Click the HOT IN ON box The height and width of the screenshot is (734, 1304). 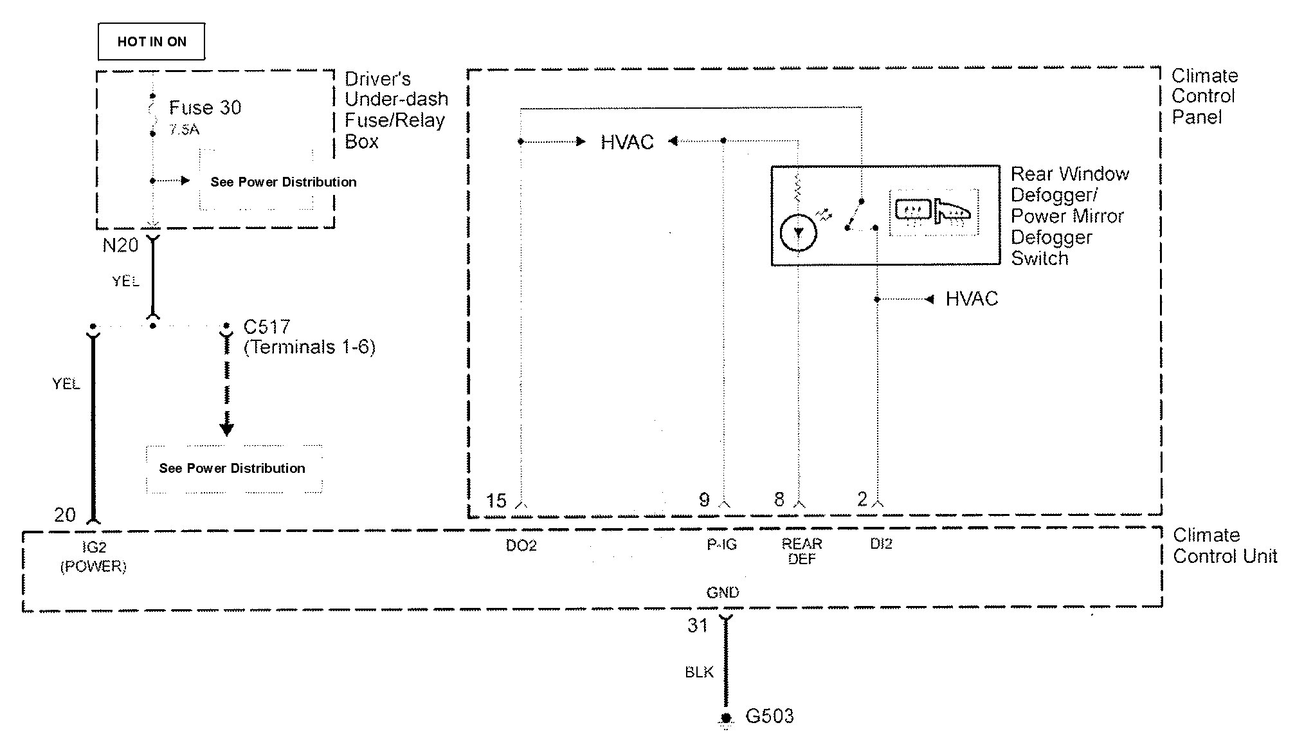coord(152,42)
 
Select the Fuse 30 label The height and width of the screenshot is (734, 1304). coord(204,107)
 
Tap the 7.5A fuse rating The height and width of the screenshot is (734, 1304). coord(184,130)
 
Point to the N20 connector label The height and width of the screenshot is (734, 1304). coord(120,245)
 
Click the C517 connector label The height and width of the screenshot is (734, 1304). coord(267,327)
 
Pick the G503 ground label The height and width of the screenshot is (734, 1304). coord(769,716)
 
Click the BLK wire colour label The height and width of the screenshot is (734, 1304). coord(699,672)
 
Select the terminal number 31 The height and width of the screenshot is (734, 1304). coord(698,626)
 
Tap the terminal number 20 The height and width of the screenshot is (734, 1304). coord(65,515)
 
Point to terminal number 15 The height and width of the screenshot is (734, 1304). coord(496,500)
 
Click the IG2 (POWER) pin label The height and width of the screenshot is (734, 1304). coord(94,556)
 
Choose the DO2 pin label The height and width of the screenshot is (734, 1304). coord(521,546)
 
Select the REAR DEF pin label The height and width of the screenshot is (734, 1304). coord(802,551)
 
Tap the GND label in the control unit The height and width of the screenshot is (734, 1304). coord(723,592)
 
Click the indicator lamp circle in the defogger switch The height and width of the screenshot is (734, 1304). coord(798,233)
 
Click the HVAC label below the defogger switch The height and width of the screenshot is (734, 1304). coord(972,299)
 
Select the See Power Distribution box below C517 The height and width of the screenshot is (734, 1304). coord(233,468)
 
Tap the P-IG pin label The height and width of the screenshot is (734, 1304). coord(722,545)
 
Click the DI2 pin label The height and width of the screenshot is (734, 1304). coord(881,544)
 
